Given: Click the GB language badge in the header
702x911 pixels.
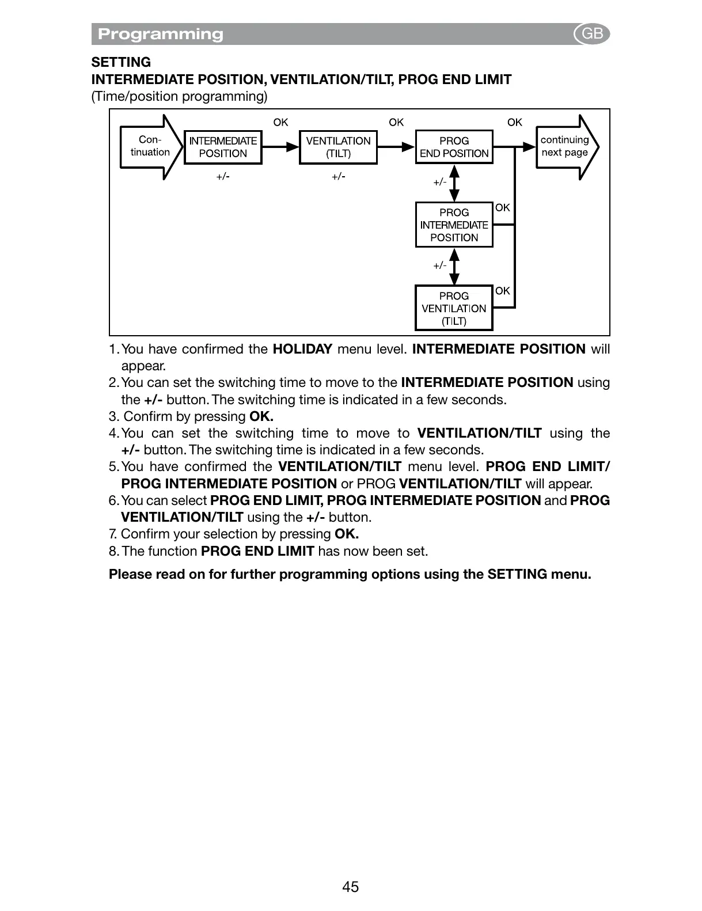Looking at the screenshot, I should click(x=592, y=34).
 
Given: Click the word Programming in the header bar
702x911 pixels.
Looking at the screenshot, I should click(x=161, y=34).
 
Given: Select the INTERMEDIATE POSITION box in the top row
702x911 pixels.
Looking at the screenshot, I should click(x=223, y=147).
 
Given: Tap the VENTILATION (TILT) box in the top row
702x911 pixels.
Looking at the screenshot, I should click(x=338, y=147).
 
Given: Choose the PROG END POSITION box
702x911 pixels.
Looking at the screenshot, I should click(x=454, y=147).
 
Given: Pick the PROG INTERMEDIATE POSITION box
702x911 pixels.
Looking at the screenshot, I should click(x=454, y=225).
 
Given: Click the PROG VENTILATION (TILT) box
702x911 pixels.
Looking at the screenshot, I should click(x=454, y=308).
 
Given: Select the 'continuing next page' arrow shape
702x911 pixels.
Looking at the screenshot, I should click(x=567, y=147).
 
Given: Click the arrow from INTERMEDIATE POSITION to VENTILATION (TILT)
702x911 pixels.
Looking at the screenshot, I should click(x=281, y=147).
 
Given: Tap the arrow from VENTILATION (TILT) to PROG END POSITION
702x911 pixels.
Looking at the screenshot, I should click(x=396, y=147).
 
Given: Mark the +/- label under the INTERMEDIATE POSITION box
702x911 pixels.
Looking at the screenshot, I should click(x=223, y=176).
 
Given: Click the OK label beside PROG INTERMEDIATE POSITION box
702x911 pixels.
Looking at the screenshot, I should click(x=503, y=207).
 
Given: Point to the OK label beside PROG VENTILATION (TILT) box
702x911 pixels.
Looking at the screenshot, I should click(x=503, y=291).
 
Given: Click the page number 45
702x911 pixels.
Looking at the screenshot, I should click(x=350, y=887).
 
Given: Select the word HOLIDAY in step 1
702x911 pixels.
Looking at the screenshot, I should click(x=302, y=349).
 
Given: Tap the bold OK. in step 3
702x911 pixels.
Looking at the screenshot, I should click(x=261, y=416).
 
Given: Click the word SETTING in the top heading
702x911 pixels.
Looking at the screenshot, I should click(x=121, y=62).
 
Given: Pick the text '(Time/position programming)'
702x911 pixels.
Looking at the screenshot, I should click(x=179, y=96).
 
